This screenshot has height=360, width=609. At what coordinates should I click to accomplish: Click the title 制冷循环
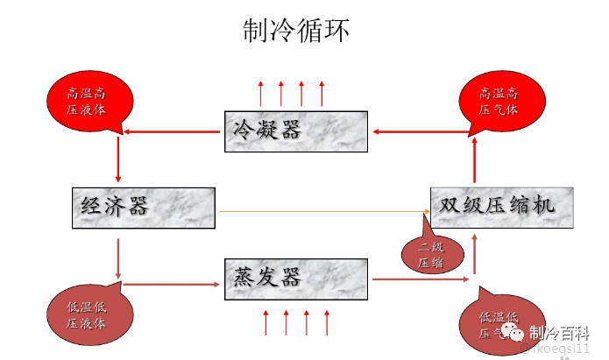(296, 32)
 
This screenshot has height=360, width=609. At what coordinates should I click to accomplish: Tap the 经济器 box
(141, 208)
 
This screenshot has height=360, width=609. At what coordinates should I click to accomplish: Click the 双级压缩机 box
(502, 207)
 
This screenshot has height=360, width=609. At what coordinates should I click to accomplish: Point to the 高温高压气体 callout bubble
(499, 100)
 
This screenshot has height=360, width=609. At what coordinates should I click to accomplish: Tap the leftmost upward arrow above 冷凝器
(260, 93)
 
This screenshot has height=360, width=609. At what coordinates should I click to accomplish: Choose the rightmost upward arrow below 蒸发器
(327, 322)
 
